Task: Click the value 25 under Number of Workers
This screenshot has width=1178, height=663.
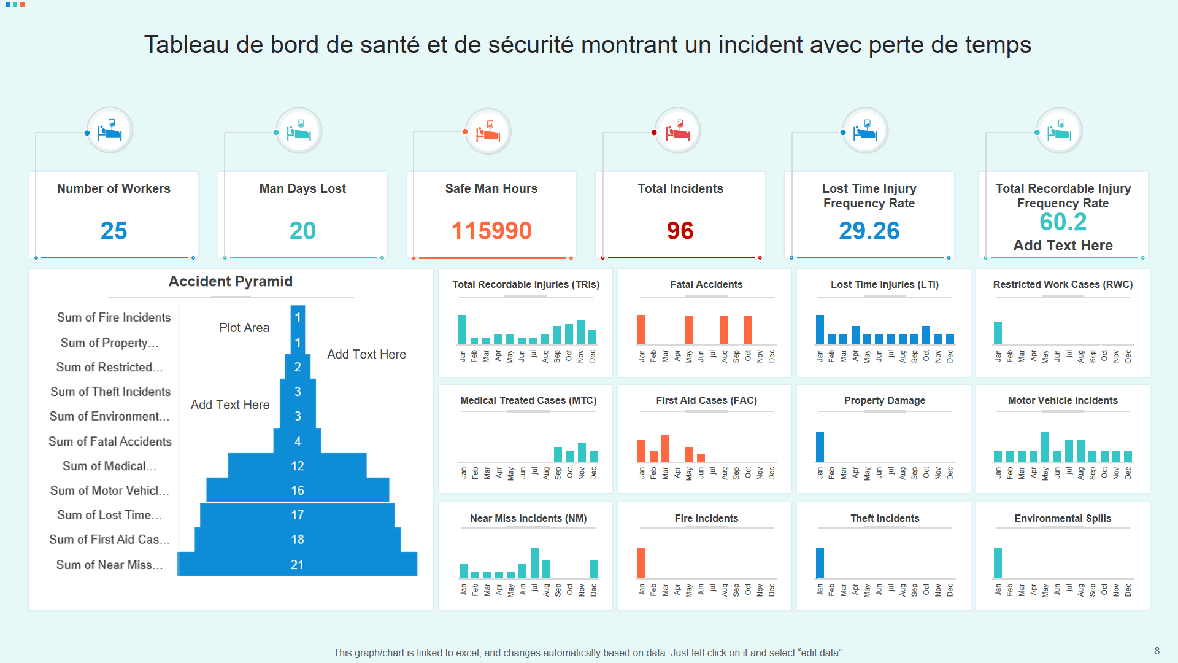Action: click(x=114, y=231)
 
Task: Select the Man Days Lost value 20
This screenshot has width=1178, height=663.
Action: click(x=302, y=231)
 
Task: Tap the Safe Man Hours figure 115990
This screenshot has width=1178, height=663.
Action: click(x=491, y=231)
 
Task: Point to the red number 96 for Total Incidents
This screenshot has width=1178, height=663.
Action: click(x=680, y=231)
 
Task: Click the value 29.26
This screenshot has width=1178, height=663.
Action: click(x=869, y=231)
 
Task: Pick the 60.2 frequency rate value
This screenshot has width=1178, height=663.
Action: click(x=1063, y=222)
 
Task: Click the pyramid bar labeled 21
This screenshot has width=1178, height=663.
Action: click(x=298, y=564)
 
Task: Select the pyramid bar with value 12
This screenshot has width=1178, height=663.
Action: click(x=298, y=465)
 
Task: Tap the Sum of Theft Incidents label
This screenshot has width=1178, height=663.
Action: click(x=110, y=392)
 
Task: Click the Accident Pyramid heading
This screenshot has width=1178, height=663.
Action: click(x=231, y=281)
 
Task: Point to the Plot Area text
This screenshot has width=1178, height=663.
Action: click(x=244, y=328)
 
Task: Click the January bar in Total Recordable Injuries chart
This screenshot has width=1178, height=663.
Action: click(x=462, y=330)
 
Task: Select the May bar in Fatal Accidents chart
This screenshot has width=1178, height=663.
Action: click(x=689, y=330)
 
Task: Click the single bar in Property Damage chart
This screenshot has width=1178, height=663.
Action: click(x=820, y=446)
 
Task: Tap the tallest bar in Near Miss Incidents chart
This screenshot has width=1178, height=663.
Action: click(x=534, y=563)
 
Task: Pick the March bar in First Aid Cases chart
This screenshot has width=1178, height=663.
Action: click(x=665, y=448)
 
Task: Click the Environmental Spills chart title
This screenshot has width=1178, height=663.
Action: click(x=1063, y=518)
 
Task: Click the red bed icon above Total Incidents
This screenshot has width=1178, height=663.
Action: click(x=678, y=131)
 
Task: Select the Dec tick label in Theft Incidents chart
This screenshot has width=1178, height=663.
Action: click(x=950, y=591)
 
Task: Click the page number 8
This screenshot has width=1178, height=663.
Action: click(x=1157, y=651)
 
